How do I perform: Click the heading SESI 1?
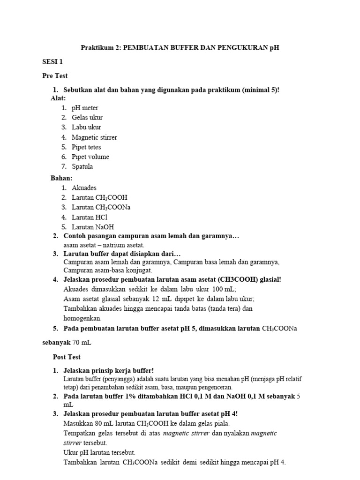point(52,61)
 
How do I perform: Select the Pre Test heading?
point(55,75)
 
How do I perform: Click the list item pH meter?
point(85,108)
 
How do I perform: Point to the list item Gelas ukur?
point(87,118)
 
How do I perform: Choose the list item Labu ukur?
point(86,127)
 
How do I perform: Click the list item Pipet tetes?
point(86,147)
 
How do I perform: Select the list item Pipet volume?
point(90,157)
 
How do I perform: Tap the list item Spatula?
point(82,167)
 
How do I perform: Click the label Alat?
point(58,98)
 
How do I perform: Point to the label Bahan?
point(61,178)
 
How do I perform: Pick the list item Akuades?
point(84,188)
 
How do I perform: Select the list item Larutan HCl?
point(90,217)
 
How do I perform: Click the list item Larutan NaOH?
point(93,227)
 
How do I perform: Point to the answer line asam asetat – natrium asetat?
point(104,245)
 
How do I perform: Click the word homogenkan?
point(82,318)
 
